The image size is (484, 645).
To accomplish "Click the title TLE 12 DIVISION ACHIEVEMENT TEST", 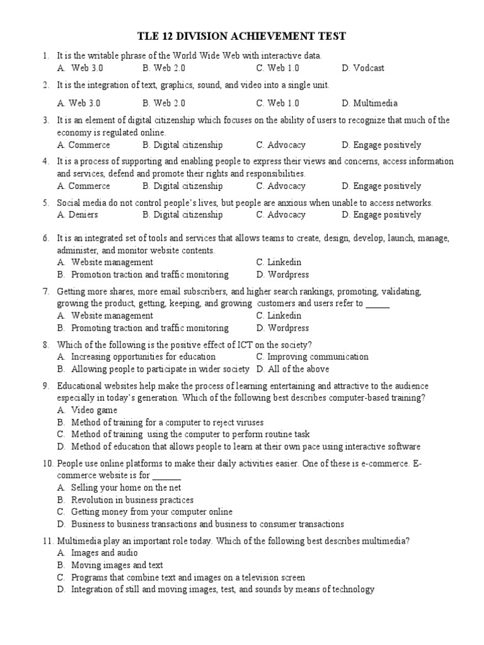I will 242,36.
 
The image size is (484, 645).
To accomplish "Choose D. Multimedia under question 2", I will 369,103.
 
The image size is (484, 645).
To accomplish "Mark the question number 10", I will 49,464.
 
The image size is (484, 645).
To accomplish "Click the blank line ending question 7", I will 377,304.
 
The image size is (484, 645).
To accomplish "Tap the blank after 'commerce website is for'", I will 167,476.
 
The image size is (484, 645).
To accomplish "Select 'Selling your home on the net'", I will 117,488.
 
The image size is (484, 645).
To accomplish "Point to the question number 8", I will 46,345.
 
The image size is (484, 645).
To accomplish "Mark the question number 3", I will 46,120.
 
